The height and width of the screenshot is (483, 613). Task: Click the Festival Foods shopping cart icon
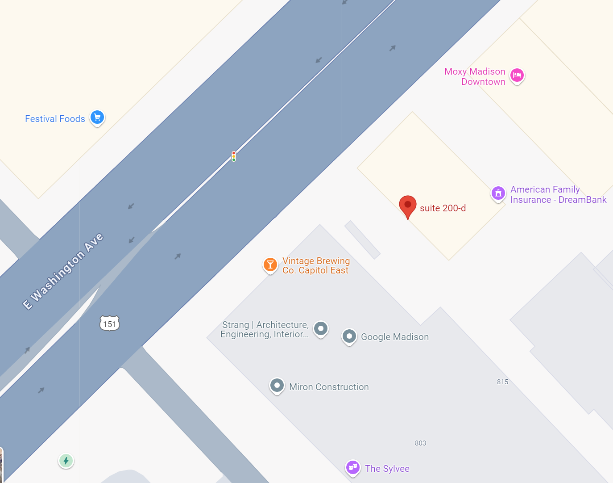tap(97, 118)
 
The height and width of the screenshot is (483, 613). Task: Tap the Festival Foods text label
tap(55, 119)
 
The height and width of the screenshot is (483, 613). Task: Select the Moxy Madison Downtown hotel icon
tap(517, 75)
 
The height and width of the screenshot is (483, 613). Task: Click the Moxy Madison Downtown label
tap(475, 77)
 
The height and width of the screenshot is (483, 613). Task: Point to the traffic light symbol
tap(234, 156)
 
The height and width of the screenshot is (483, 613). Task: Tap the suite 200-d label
tap(443, 208)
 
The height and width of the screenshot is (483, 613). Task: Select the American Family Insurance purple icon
tap(498, 193)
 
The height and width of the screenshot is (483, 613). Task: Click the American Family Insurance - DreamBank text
tap(558, 195)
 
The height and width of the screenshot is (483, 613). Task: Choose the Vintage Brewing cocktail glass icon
tap(270, 265)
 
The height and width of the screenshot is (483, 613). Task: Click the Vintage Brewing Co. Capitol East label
tap(316, 265)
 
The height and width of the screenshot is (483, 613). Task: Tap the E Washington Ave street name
tap(63, 271)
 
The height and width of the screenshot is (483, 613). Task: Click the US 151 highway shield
tap(110, 323)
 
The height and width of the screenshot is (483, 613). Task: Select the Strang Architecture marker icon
tap(320, 329)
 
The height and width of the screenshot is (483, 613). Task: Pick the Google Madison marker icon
tap(349, 336)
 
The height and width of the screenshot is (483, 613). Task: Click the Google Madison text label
tap(395, 337)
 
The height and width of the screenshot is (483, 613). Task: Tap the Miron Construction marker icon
tap(277, 385)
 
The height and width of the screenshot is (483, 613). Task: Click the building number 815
tap(502, 382)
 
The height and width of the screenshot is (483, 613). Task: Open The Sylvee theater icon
tap(353, 467)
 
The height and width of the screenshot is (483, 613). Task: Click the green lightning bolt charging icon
tap(66, 461)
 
